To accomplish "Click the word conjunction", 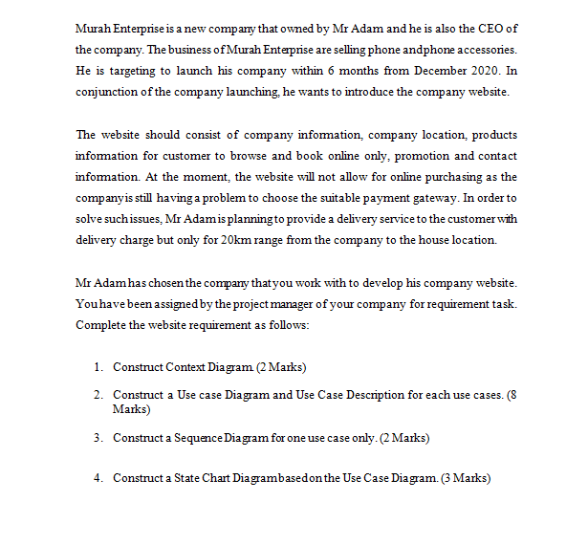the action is click(106, 92).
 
